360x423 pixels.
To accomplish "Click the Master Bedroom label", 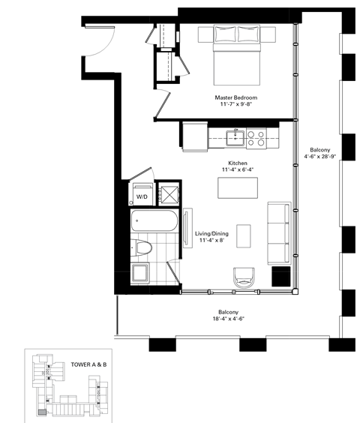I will [235, 97].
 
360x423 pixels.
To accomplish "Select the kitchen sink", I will [235, 137].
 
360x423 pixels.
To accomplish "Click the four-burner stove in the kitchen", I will [256, 137].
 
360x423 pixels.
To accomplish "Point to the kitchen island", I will [235, 187].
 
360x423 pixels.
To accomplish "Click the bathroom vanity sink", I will [139, 273].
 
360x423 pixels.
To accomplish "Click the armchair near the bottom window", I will [244, 278].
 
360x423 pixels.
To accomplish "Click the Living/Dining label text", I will [211, 234].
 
